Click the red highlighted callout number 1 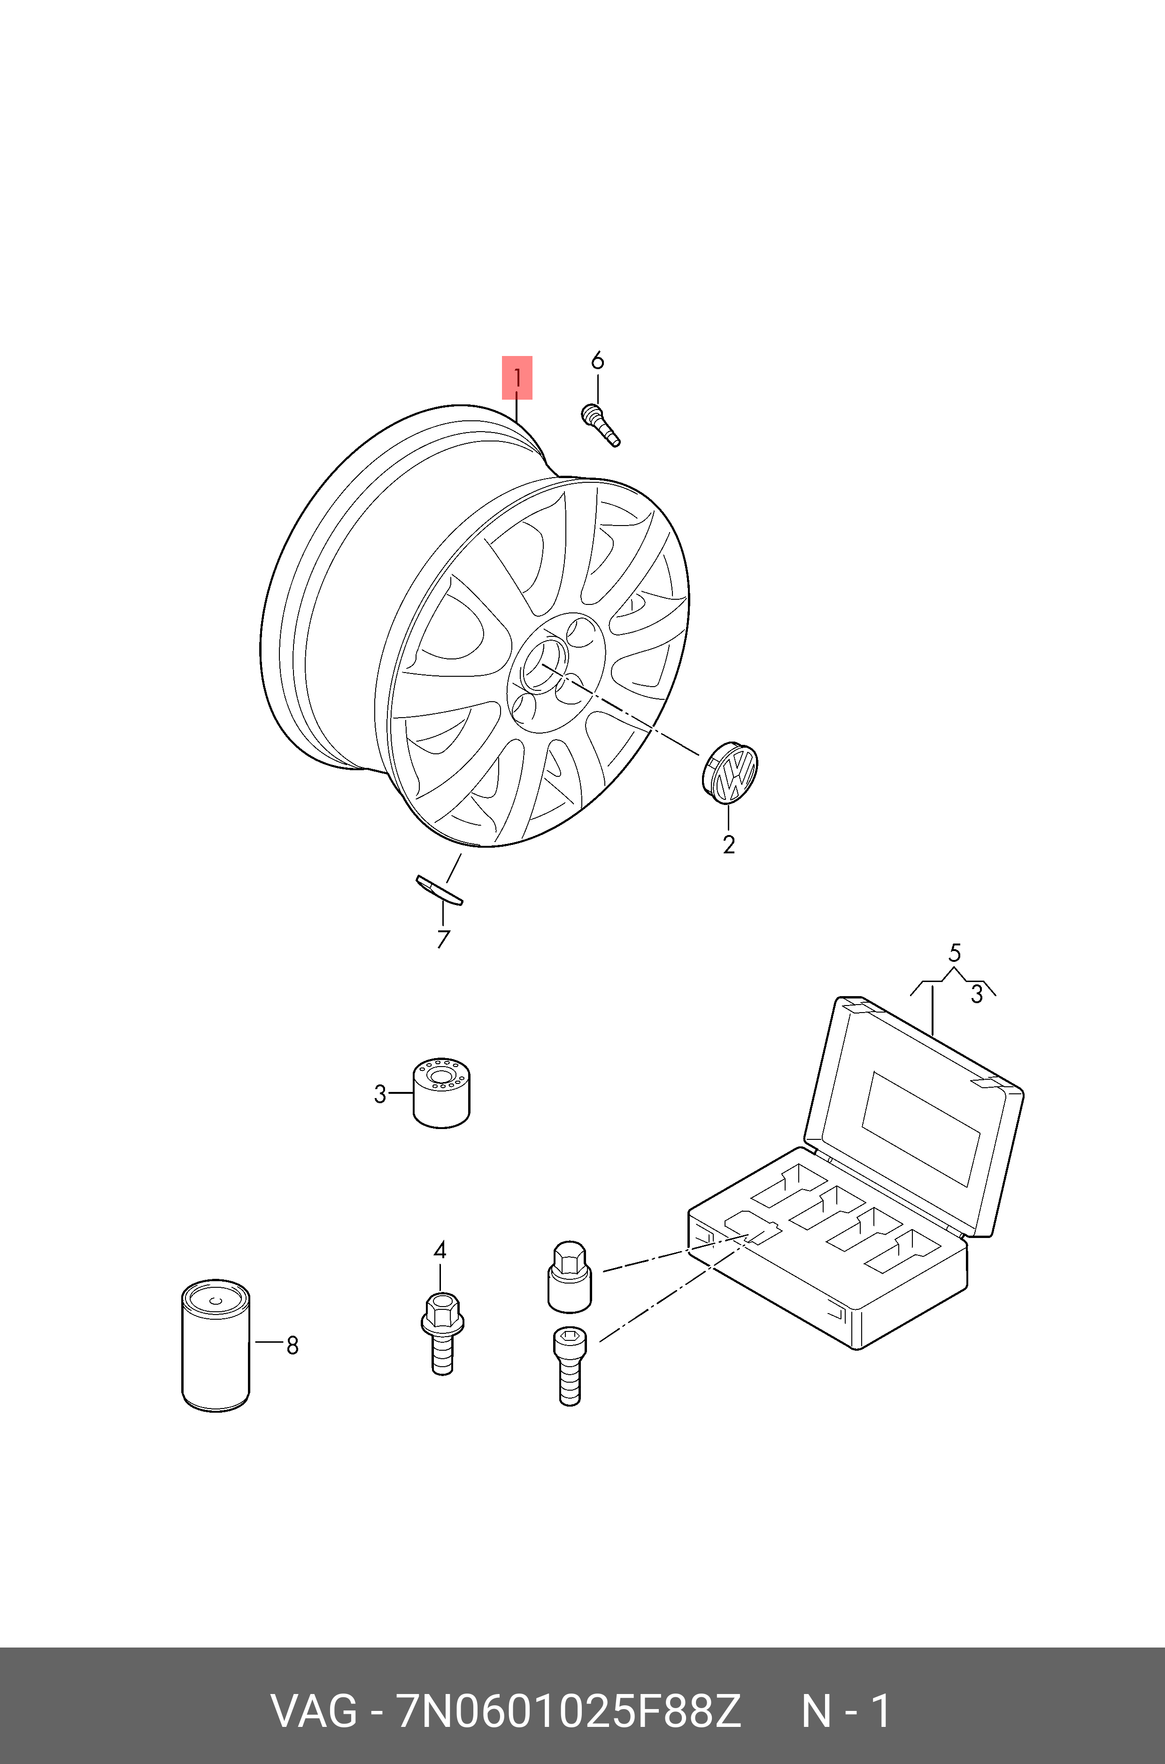click(517, 378)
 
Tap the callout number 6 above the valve click(597, 361)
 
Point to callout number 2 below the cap click(729, 845)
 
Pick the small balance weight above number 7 click(439, 890)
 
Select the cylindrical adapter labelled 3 click(441, 1092)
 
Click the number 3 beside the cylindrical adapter click(380, 1094)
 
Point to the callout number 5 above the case click(955, 952)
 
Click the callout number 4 click(440, 1250)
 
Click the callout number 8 click(292, 1345)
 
